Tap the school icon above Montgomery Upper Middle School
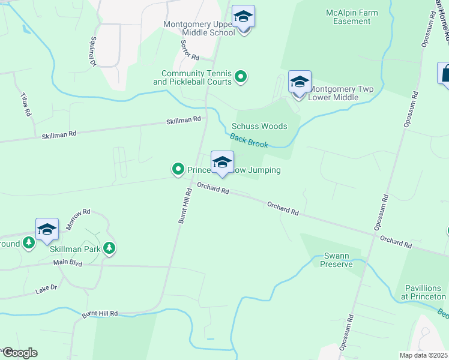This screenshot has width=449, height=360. [243, 17]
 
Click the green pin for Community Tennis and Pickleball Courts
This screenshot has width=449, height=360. [241, 76]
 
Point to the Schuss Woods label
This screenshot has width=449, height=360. [259, 127]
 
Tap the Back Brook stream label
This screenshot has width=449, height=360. [249, 140]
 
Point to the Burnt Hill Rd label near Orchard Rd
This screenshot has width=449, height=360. [185, 206]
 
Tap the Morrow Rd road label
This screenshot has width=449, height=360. [78, 220]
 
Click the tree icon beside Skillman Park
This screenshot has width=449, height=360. [109, 248]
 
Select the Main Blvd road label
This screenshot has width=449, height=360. [67, 262]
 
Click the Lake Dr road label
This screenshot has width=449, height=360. [46, 289]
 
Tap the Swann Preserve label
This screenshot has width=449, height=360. [336, 259]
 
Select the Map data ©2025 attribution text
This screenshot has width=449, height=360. [423, 355]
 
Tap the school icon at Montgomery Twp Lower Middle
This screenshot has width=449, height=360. [300, 82]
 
